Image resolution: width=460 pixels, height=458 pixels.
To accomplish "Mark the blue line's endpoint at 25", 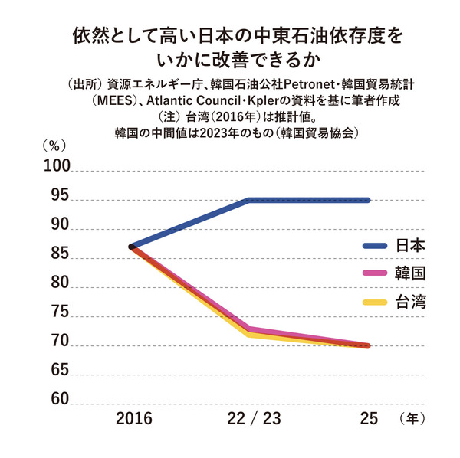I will (x=368, y=200).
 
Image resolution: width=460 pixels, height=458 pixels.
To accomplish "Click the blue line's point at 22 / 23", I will (x=250, y=200).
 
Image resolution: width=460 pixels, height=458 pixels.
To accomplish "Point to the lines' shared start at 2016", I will (x=132, y=247).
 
